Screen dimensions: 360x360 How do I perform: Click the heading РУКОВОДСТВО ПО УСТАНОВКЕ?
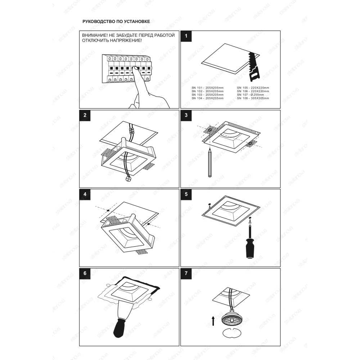click(116, 22)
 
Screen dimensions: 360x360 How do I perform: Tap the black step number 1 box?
click(186, 36)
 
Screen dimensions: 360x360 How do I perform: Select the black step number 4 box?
click(85, 194)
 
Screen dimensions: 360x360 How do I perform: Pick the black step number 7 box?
click(186, 274)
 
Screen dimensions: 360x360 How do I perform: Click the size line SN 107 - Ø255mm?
click(251, 95)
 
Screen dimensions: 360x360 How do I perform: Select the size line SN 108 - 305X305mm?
click(253, 98)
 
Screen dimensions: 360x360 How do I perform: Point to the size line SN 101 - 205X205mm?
click(208, 88)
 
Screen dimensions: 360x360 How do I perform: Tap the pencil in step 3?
click(210, 163)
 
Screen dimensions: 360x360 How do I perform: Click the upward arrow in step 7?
click(213, 321)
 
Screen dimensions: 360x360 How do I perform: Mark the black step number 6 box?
click(85, 274)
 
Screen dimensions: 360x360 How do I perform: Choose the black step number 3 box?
click(186, 116)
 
